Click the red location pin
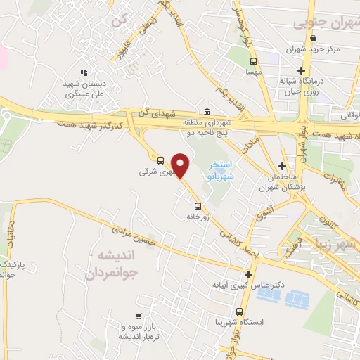click(x=181, y=166)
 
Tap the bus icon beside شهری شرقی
click(x=160, y=160)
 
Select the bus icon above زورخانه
click(x=198, y=206)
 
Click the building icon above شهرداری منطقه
click(x=207, y=112)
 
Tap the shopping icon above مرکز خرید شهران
click(x=313, y=39)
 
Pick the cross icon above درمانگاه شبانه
click(x=302, y=70)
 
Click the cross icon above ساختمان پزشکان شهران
click(x=282, y=167)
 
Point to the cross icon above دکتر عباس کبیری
click(x=247, y=275)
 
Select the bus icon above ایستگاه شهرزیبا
click(x=240, y=311)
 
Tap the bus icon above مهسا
click(x=252, y=61)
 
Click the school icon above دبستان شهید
click(x=84, y=72)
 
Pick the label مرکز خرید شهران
click(x=314, y=50)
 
